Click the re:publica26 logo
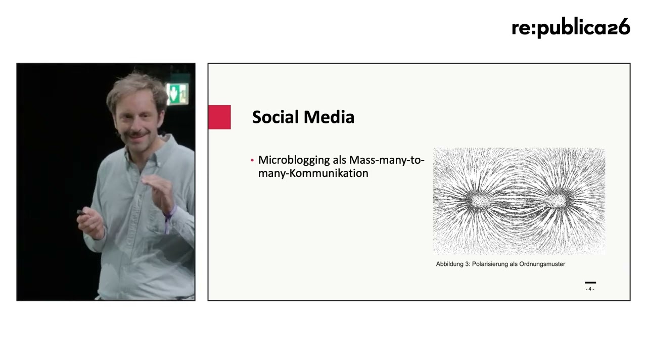click(571, 28)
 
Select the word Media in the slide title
click(329, 117)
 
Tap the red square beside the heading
click(219, 117)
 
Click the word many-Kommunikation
click(313, 173)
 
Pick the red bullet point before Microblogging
click(252, 160)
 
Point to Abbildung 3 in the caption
click(453, 264)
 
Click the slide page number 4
click(590, 289)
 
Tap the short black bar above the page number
click(590, 283)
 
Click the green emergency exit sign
click(177, 94)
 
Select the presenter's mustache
click(136, 134)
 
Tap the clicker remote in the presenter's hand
click(81, 213)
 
